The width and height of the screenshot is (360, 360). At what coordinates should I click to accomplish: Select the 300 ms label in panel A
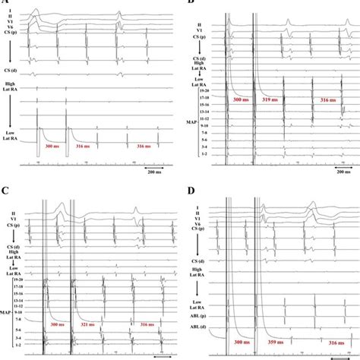pyautogui.click(x=54, y=145)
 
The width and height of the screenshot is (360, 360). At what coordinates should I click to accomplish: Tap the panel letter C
pyautogui.click(x=8, y=190)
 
